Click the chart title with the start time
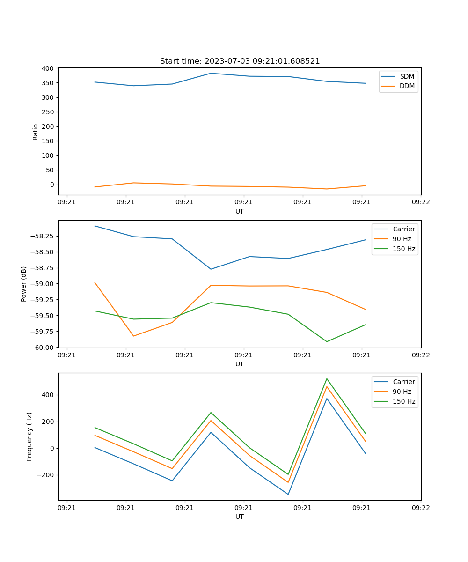coord(240,61)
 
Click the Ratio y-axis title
coord(36,132)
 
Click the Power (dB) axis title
coord(24,284)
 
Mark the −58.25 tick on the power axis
coord(42,236)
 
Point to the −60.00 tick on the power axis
coord(42,348)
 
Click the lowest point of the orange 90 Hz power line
coord(134,336)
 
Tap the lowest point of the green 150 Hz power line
coord(327,341)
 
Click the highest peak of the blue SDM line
coord(211,73)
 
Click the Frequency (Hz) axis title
coord(29,436)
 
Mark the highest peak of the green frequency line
coord(327,378)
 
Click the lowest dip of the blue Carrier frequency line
coord(288,494)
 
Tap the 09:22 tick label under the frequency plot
coord(421,507)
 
